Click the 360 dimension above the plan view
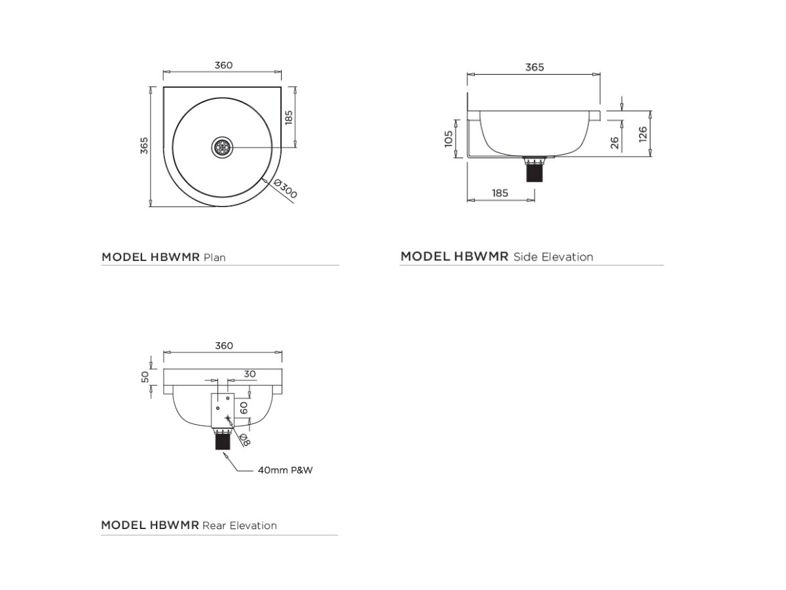tap(223, 65)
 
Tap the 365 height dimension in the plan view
tap(144, 146)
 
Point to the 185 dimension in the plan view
tap(289, 117)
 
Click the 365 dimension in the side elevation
tap(534, 67)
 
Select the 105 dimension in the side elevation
tap(449, 138)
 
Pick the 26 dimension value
tap(615, 142)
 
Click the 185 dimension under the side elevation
tap(499, 193)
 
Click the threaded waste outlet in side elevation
tap(536, 171)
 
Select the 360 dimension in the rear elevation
tap(223, 345)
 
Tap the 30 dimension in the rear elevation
tap(250, 374)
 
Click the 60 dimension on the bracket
tap(243, 406)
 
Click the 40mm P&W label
tap(285, 470)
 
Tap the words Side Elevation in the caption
tap(553, 257)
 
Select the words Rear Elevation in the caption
tap(240, 526)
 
